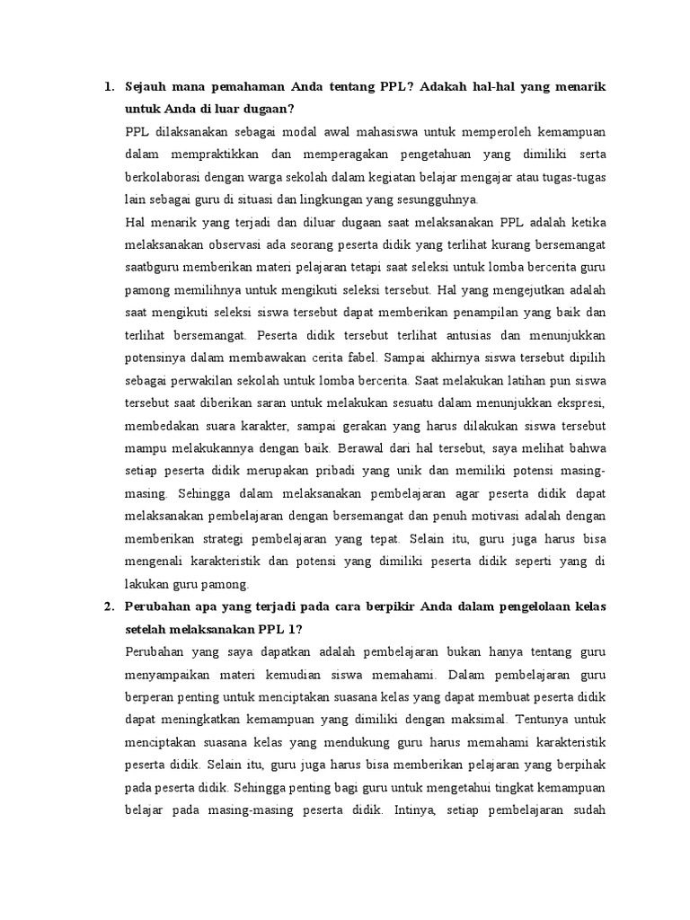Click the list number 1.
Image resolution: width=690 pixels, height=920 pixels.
coord(109,87)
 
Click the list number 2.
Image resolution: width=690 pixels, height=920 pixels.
coord(109,606)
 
